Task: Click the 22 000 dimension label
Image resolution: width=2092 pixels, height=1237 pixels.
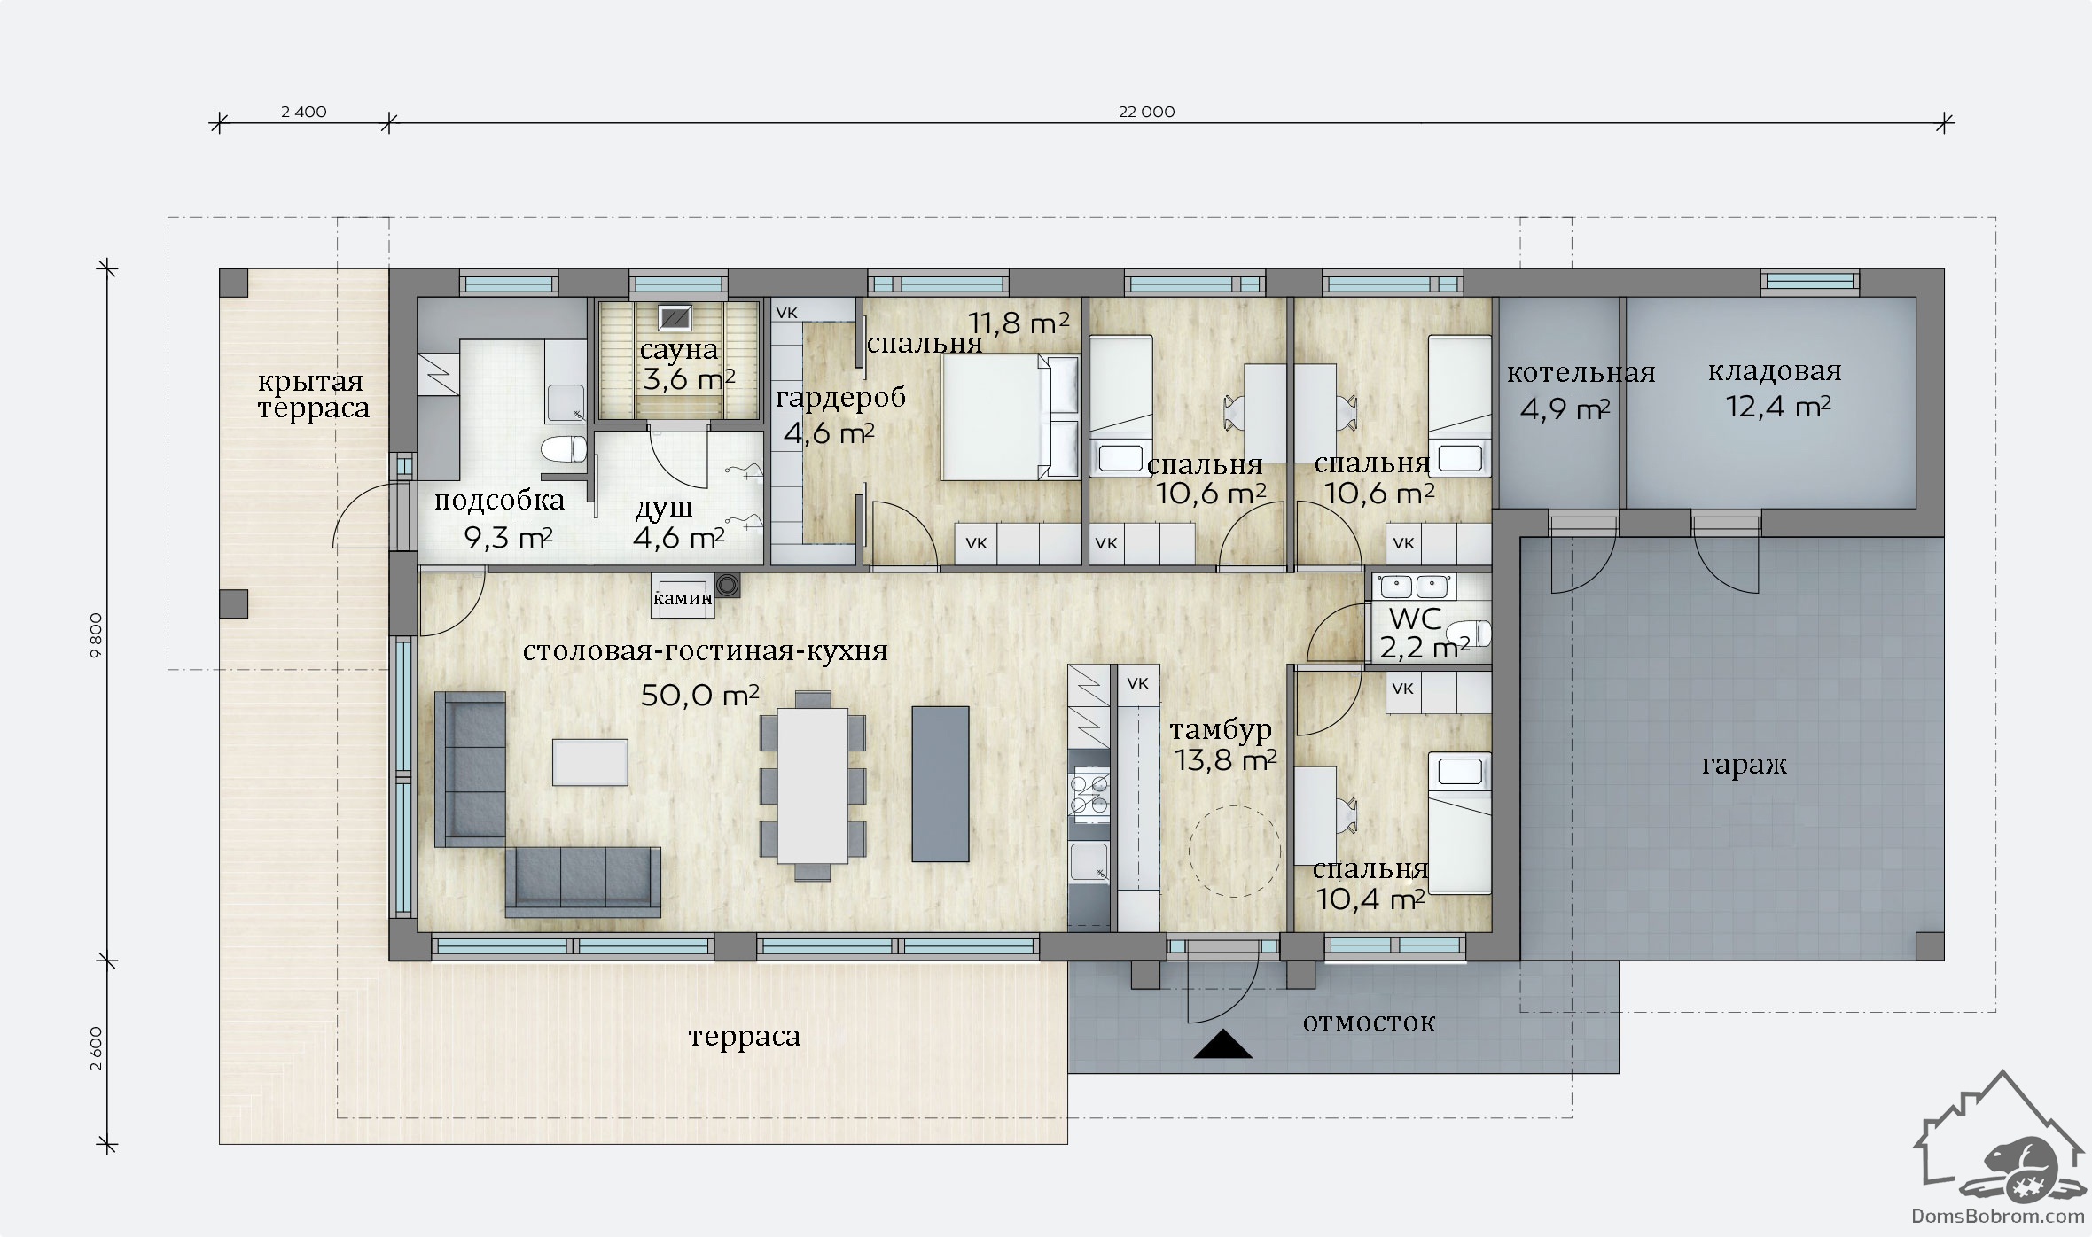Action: [1146, 112]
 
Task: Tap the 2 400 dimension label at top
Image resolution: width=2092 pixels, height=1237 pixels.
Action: [303, 112]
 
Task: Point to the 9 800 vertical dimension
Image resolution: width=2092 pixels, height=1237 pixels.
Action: [97, 634]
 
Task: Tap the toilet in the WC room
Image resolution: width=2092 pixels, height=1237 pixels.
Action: [1468, 634]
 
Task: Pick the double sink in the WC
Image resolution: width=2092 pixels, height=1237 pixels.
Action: [1415, 587]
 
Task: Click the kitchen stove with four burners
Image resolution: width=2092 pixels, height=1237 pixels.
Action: [1089, 794]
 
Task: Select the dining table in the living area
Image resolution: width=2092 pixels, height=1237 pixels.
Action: [813, 785]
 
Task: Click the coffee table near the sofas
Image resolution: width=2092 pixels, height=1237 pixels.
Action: [590, 762]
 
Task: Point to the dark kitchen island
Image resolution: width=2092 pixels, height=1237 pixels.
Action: [941, 783]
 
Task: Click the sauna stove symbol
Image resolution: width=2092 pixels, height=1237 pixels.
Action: [675, 316]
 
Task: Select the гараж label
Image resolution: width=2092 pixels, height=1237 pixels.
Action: [1744, 764]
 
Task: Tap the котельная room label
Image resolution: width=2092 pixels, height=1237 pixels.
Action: [1581, 373]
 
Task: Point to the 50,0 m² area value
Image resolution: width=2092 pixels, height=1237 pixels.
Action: [699, 696]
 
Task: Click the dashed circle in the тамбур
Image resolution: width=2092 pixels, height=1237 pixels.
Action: [1234, 851]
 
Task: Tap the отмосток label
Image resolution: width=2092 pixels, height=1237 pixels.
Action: [1369, 1022]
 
